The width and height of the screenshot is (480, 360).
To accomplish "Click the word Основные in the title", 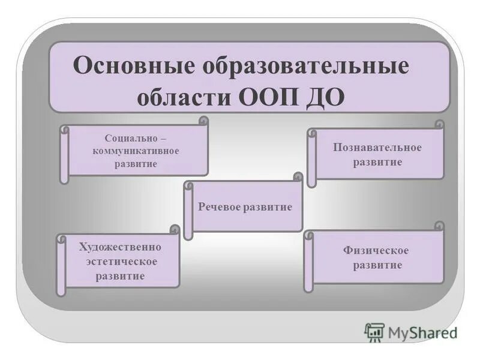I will click(x=133, y=65).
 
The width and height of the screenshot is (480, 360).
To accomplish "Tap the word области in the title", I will click(x=186, y=97).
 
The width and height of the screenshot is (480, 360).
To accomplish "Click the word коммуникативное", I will click(x=136, y=151).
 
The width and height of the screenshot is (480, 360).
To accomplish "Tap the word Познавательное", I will click(x=377, y=148).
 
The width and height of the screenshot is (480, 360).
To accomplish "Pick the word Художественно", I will click(x=120, y=247).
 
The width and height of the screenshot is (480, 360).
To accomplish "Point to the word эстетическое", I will click(x=121, y=262).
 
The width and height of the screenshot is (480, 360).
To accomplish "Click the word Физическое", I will click(x=376, y=250).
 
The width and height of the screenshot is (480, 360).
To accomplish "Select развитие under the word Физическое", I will click(x=377, y=265).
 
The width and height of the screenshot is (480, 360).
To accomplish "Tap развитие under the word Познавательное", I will click(x=377, y=163).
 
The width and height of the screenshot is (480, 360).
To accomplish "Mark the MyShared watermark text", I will click(x=424, y=332).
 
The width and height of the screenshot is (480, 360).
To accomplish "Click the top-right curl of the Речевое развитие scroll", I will click(x=298, y=176).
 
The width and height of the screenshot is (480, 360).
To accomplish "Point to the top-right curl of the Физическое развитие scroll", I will click(x=439, y=226).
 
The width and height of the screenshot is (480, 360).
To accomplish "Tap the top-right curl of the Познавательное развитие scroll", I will click(x=440, y=124).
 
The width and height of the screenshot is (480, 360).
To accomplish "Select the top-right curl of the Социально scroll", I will click(x=203, y=120).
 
